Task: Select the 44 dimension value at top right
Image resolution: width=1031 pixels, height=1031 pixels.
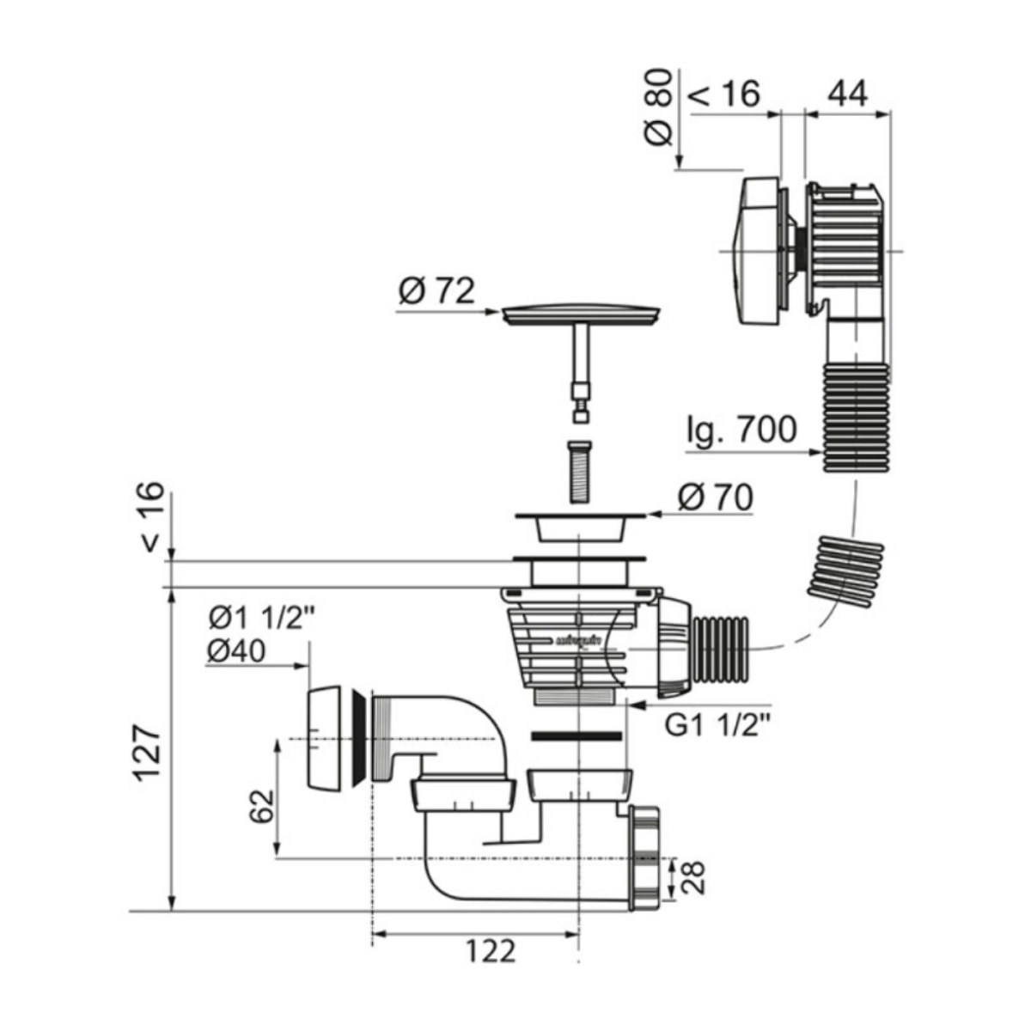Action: (x=847, y=92)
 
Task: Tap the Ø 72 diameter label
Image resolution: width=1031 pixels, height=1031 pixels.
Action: (x=436, y=291)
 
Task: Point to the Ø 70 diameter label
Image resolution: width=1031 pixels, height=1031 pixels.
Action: (x=715, y=497)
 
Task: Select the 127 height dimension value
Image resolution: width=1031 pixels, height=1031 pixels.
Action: (x=147, y=752)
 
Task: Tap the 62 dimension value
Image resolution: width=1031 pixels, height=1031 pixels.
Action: (x=263, y=805)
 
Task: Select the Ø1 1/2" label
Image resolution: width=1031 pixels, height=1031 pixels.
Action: (x=255, y=618)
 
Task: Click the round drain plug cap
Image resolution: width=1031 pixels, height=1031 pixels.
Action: (x=582, y=314)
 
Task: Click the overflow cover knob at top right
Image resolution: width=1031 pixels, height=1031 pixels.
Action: (x=760, y=251)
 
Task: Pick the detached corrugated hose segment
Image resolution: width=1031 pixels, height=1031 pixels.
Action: (x=847, y=564)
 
